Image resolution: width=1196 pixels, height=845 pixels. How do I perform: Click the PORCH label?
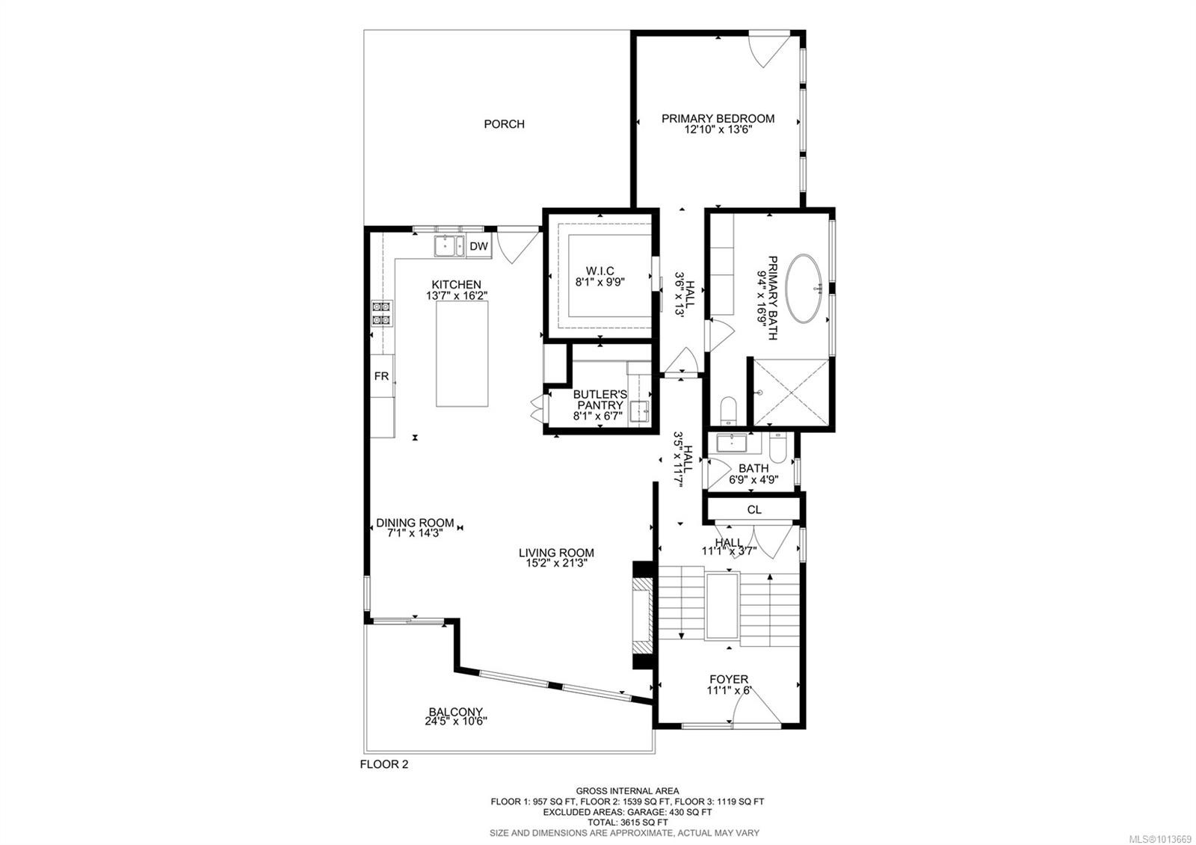[504, 124]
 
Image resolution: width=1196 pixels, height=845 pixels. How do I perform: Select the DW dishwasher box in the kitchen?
[478, 246]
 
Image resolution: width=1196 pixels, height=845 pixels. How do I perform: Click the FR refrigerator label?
[381, 376]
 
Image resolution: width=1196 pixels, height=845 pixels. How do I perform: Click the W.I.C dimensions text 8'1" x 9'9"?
[599, 282]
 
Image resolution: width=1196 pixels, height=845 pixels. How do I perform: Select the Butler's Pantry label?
[599, 399]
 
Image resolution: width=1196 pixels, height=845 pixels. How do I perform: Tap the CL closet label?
[754, 509]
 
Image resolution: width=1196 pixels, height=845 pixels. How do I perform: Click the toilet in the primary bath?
[728, 411]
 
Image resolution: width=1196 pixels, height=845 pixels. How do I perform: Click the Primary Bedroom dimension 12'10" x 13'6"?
[718, 129]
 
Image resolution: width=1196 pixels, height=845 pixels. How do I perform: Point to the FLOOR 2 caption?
[384, 764]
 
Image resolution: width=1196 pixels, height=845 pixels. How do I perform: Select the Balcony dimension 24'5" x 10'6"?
[455, 722]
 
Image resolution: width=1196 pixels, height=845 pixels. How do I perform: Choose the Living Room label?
[556, 553]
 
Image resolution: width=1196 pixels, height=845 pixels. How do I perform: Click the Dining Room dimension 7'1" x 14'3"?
[415, 533]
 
